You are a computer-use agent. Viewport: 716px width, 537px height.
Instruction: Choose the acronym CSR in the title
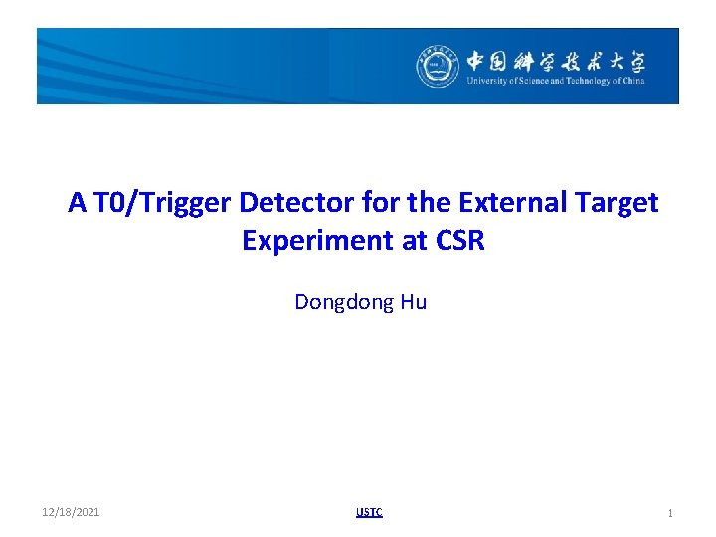(458, 241)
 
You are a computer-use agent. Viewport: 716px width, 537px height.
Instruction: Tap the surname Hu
(414, 302)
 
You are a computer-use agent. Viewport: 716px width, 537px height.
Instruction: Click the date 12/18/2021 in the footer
(71, 513)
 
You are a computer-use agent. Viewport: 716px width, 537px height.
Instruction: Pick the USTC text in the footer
(369, 513)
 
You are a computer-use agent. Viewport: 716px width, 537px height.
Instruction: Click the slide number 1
(670, 513)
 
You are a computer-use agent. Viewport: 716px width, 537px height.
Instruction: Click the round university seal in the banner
(438, 67)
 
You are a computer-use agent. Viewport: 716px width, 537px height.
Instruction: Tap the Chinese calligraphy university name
(556, 61)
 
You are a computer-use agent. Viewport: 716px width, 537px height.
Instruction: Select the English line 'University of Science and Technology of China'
(556, 82)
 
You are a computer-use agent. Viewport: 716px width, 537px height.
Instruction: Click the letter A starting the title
(77, 203)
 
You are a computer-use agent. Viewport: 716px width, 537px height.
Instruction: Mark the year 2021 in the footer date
(88, 513)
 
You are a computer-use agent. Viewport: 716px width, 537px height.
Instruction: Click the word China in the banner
(633, 82)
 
